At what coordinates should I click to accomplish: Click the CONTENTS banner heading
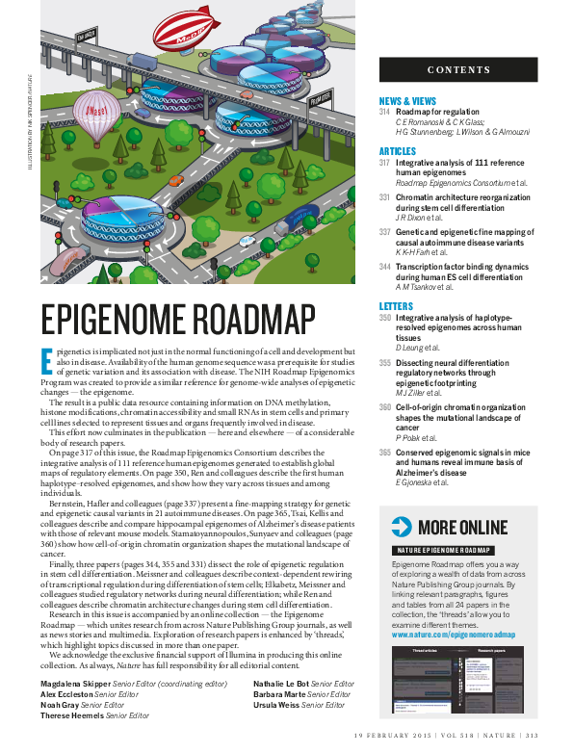click(458, 70)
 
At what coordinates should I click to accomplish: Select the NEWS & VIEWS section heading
click(407, 101)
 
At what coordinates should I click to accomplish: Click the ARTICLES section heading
click(398, 152)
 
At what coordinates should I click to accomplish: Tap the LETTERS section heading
click(396, 306)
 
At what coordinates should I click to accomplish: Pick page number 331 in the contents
click(384, 197)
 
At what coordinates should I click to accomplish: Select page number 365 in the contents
click(384, 453)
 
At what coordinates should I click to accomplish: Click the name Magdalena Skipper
click(75, 684)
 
